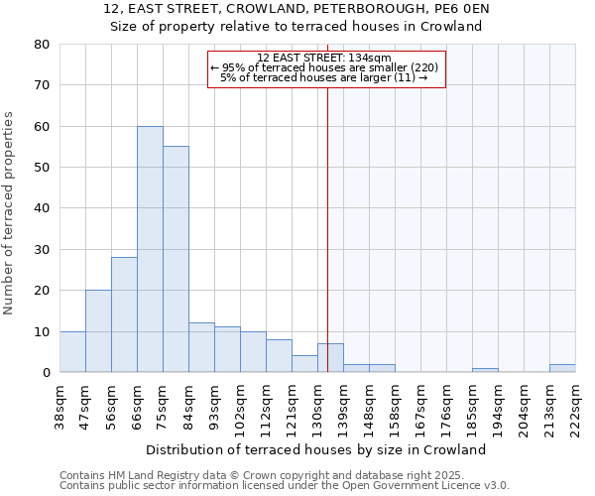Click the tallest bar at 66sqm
coord(150,249)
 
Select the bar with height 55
coord(176,259)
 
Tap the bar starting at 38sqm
coord(72,352)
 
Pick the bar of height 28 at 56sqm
coord(124,314)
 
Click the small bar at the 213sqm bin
coord(562,368)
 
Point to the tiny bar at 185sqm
coord(485,370)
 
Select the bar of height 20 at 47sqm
coord(98,331)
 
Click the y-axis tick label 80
coord(41,45)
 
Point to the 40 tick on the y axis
coord(41,208)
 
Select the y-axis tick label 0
coord(45,372)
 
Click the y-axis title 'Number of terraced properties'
coord(10,212)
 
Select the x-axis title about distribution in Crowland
coord(322,449)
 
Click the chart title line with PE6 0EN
coord(297,9)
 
